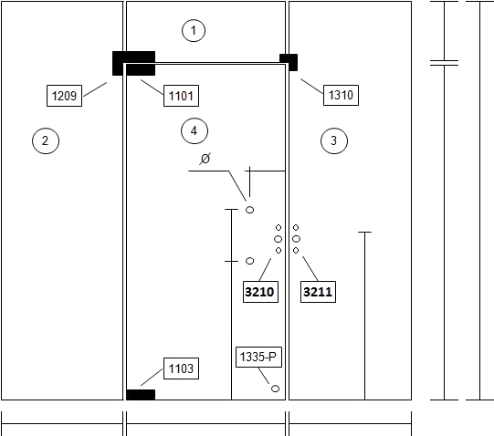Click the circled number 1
tap(194, 30)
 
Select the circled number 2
tap(46, 140)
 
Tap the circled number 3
tap(334, 140)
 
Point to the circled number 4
tap(194, 130)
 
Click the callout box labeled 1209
tap(64, 96)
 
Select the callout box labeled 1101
tap(181, 96)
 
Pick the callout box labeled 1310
tap(341, 95)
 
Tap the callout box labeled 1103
tap(181, 369)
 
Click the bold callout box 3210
tap(260, 292)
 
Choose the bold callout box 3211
tap(318, 292)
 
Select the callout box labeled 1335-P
tap(258, 357)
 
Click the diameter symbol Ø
tap(205, 159)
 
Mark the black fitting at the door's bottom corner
tap(141, 395)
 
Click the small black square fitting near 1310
tap(289, 62)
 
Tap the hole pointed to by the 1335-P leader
tap(276, 389)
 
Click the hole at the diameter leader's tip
tap(249, 210)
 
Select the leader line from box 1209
tap(95, 89)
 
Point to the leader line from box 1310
tap(312, 87)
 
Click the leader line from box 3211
tap(310, 269)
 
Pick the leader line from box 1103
tap(152, 377)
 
